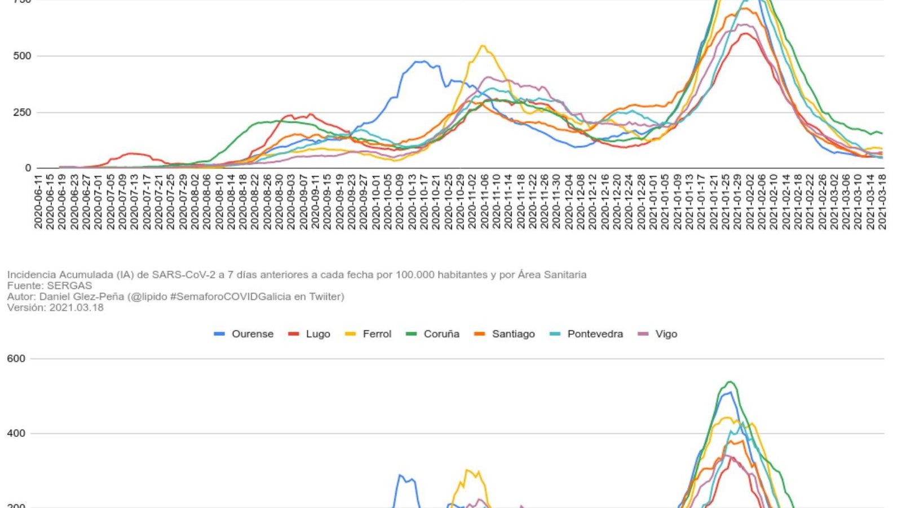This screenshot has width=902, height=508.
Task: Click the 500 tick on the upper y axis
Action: coord(22,56)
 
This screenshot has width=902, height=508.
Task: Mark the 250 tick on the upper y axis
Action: coord(22,112)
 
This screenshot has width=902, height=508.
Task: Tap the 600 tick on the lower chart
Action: coord(16,359)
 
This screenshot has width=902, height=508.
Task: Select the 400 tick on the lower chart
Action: coord(16,433)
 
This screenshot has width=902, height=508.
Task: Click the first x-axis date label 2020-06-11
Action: coord(38,202)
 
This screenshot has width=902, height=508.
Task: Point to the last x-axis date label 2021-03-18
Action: coord(882,202)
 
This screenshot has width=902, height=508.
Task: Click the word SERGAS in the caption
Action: coord(69,286)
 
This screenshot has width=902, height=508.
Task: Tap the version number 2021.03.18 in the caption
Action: coord(76,308)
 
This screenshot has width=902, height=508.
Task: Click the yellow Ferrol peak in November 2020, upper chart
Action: coord(483,46)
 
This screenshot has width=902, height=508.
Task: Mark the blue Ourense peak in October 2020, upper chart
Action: coord(420,62)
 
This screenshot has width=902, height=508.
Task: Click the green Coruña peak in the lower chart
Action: coord(729,382)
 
